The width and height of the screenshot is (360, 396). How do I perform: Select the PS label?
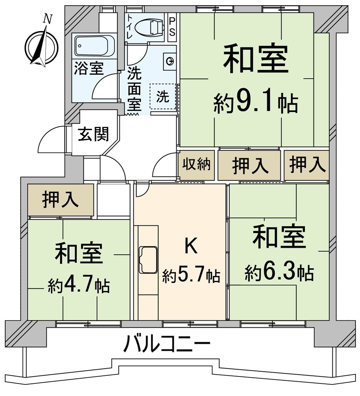(x=172, y=26)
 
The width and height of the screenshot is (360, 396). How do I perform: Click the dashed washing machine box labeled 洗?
(x=163, y=97)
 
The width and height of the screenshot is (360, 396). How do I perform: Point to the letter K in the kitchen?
(x=191, y=246)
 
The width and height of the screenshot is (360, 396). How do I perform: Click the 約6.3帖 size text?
(x=279, y=273)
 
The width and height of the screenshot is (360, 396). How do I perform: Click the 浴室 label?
(x=89, y=69)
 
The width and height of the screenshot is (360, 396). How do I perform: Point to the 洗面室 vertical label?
(x=134, y=89)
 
